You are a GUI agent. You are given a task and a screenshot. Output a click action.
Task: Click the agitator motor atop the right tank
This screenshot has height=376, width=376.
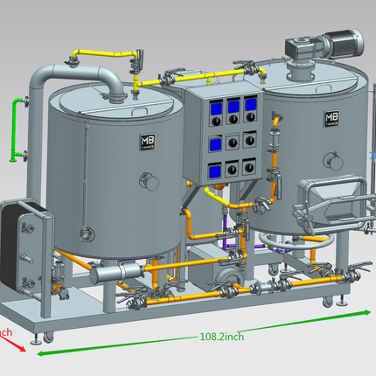pyautogui.click(x=331, y=42)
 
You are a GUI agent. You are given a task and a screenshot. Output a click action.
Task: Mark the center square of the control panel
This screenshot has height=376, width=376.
pyautogui.click(x=233, y=141)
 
